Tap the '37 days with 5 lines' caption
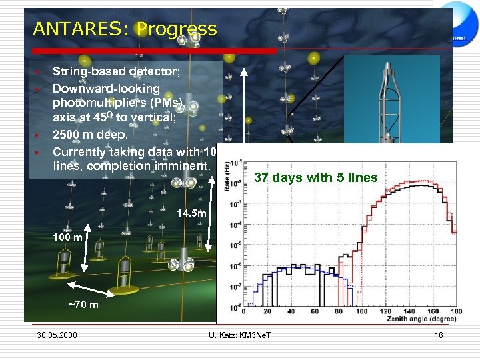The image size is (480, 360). pyautogui.click(x=316, y=177)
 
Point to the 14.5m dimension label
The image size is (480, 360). pyautogui.click(x=193, y=213)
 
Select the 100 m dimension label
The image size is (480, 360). pyautogui.click(x=67, y=237)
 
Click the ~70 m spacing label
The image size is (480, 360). pyautogui.click(x=83, y=305)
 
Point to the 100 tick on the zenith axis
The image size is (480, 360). pyautogui.click(x=362, y=312)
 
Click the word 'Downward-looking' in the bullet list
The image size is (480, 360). pyautogui.click(x=106, y=88)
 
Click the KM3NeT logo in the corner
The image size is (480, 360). pyautogui.click(x=461, y=38)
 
